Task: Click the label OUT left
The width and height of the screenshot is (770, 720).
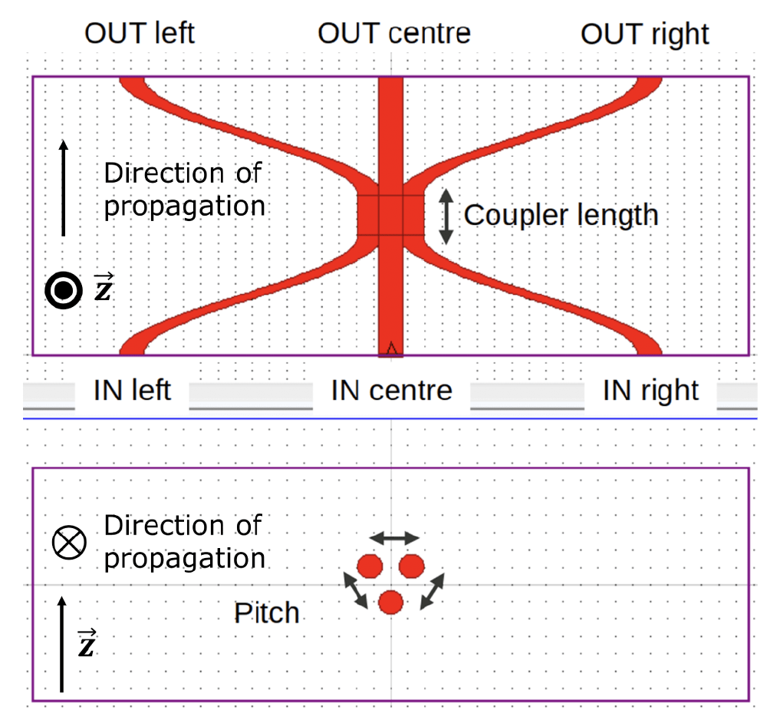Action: click(x=140, y=34)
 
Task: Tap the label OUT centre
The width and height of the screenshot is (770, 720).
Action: click(x=393, y=34)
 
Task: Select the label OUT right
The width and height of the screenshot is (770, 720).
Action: click(x=644, y=34)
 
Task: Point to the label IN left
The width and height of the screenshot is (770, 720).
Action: click(x=132, y=391)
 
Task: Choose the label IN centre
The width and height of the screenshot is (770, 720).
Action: click(x=391, y=391)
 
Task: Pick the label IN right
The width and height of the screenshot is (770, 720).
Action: click(x=650, y=391)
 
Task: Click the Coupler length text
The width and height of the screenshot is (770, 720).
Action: click(x=561, y=215)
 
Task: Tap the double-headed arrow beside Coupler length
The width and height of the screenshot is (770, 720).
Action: click(x=446, y=216)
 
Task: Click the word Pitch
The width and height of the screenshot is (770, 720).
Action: click(x=266, y=613)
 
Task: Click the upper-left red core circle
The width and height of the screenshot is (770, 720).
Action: click(x=370, y=566)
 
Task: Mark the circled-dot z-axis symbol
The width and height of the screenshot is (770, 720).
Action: click(x=63, y=290)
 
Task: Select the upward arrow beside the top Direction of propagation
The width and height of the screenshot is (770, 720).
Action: click(x=64, y=187)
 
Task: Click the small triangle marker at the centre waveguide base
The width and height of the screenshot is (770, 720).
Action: click(x=391, y=350)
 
